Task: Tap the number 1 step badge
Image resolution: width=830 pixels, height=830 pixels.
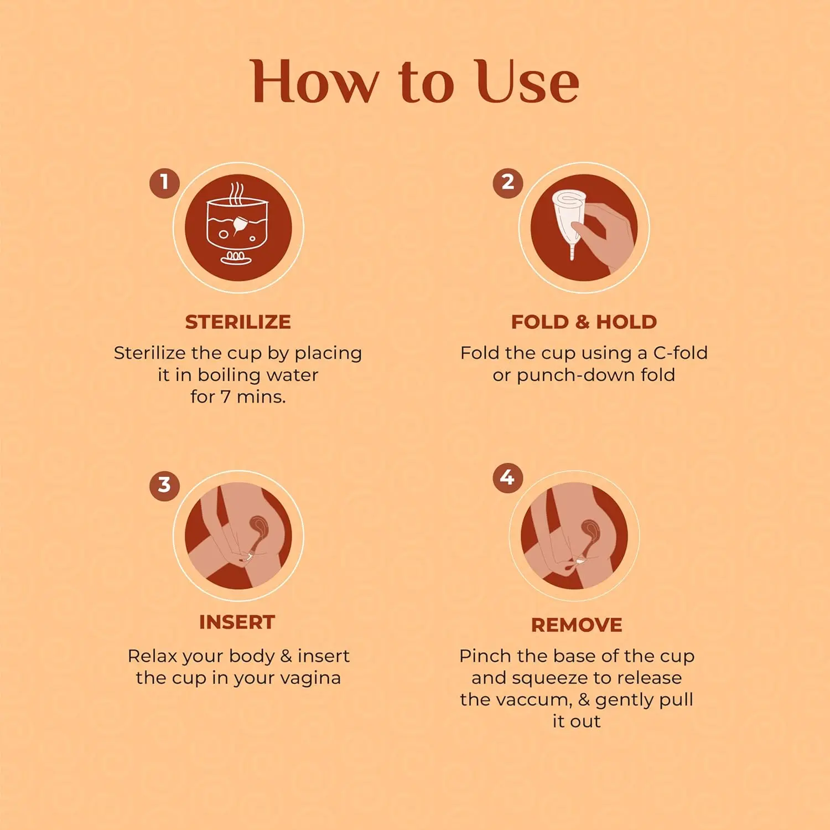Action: coord(164,183)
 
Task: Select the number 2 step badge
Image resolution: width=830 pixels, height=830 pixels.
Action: coord(508,183)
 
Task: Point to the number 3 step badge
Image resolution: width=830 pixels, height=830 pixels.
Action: coord(164,486)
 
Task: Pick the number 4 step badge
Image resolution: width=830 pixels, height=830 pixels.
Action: coord(507,478)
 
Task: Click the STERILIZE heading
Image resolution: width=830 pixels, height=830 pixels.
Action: coord(238,322)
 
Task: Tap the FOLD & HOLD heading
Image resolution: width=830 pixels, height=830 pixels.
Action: coord(584,322)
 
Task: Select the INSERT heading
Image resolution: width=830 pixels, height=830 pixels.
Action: coord(237,622)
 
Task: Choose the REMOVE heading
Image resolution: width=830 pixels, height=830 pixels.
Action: coord(577,625)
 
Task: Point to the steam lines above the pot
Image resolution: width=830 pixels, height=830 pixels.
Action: coord(237,194)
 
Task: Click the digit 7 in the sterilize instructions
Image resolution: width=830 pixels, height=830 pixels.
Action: coord(225,396)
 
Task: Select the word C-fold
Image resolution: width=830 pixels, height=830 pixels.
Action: coord(680,353)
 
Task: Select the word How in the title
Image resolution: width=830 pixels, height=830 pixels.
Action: coord(313,82)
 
